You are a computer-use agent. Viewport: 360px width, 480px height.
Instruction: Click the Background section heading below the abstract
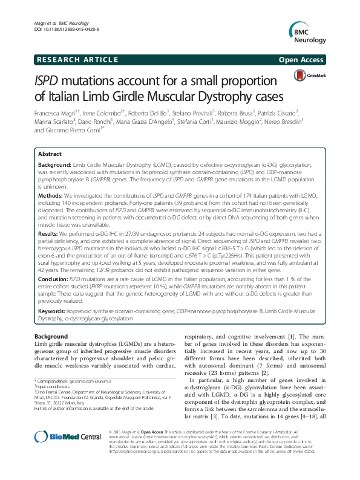51,336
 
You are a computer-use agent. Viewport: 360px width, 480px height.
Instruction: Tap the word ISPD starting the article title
51,81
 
